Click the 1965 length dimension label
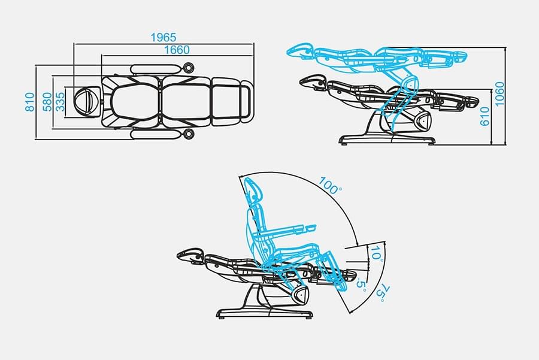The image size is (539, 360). click(x=163, y=38)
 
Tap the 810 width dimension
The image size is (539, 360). click(x=29, y=102)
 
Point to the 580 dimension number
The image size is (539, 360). click(x=46, y=102)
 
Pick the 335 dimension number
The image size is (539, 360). click(x=60, y=102)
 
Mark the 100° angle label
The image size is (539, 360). click(x=330, y=184)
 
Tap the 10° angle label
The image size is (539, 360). click(x=376, y=254)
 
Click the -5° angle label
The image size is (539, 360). click(x=361, y=282)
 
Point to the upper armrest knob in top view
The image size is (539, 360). click(x=190, y=68)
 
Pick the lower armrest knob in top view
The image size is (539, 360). click(x=190, y=134)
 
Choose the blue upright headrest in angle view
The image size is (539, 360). click(x=254, y=190)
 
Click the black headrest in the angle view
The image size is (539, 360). click(x=190, y=255)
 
